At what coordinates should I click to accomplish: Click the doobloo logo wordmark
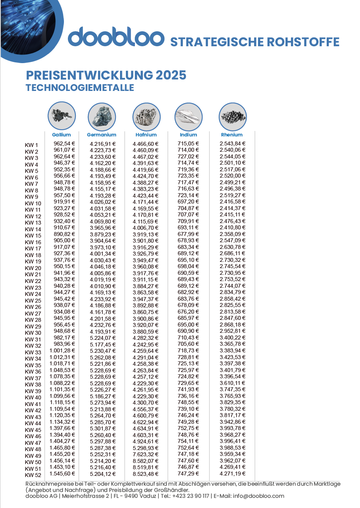116,37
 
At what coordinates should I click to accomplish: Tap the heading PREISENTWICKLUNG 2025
106,75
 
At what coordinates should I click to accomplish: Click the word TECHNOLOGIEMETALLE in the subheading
80,87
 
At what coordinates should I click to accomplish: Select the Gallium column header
62,135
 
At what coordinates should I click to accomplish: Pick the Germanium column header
102,135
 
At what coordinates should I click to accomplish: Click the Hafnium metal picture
146,116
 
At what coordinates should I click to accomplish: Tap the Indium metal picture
188,116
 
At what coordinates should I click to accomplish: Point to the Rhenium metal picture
232,116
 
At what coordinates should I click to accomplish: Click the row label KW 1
32,145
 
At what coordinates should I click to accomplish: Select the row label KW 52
33,475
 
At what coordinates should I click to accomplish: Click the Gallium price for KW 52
62,474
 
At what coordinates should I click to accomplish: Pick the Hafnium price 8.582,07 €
145,461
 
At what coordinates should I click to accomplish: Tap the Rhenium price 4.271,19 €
233,474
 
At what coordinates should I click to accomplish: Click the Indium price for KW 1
188,143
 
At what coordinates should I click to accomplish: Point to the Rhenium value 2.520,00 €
233,176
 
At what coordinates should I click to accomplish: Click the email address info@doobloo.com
258,496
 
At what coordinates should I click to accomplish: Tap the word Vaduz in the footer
142,496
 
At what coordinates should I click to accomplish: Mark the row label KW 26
33,307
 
